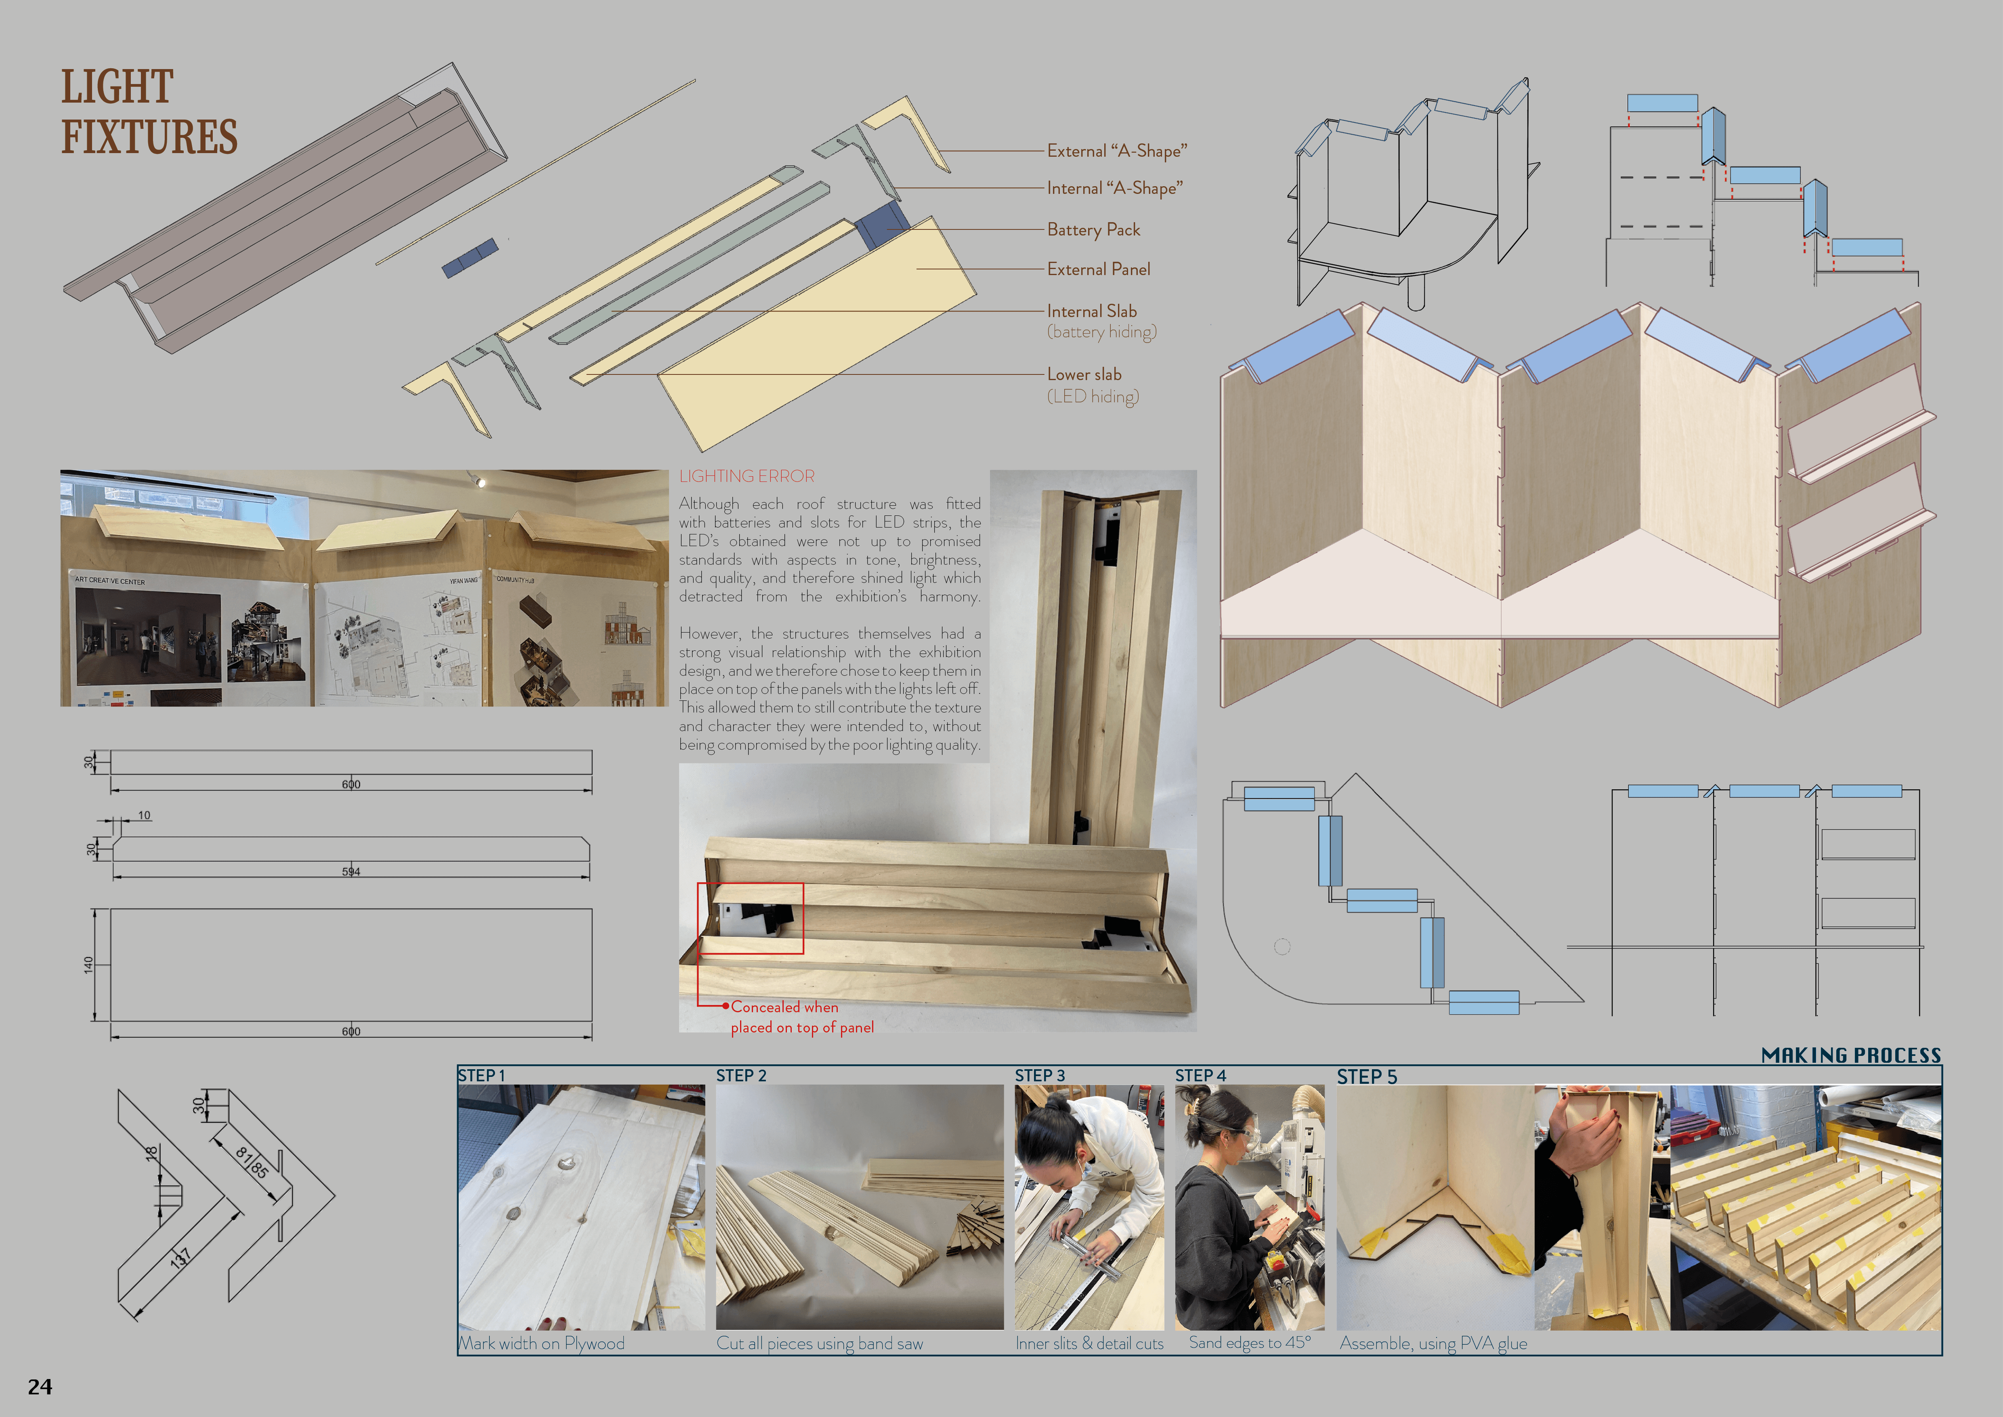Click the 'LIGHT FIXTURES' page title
tap(148, 111)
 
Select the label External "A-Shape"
tap(1117, 151)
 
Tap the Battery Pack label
tap(1093, 229)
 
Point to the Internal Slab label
tap(1091, 311)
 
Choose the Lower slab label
tap(1084, 374)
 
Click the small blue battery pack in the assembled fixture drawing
tap(469, 257)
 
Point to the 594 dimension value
tap(351, 872)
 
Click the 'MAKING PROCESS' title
tap(1851, 1055)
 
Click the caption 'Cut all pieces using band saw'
tap(819, 1344)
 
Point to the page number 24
tap(40, 1386)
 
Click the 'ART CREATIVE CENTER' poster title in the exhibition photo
tap(110, 580)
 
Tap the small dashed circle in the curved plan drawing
tap(1282, 947)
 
